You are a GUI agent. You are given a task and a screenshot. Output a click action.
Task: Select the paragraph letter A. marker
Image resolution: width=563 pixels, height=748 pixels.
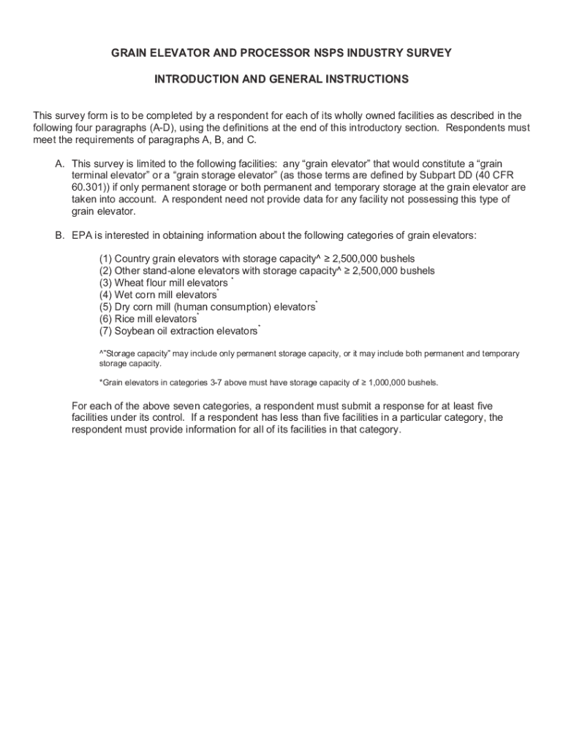pos(60,164)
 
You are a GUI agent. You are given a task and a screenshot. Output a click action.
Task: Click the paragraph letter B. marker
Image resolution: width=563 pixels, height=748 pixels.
pos(60,235)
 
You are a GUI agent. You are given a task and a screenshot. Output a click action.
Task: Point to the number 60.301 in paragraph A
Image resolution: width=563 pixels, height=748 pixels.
pos(90,188)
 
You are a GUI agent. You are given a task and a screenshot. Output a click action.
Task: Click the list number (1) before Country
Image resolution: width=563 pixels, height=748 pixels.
pos(106,259)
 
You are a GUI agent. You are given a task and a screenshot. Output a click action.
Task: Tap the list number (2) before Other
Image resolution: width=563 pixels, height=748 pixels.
pos(106,271)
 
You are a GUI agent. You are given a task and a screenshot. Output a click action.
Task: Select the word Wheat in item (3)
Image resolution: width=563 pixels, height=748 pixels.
pos(131,283)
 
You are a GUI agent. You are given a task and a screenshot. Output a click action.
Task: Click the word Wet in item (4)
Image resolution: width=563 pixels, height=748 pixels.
pos(125,295)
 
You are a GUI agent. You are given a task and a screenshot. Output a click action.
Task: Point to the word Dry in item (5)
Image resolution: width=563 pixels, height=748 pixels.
pos(124,308)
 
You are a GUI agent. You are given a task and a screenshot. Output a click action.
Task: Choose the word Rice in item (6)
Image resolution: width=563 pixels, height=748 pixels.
pos(126,319)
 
